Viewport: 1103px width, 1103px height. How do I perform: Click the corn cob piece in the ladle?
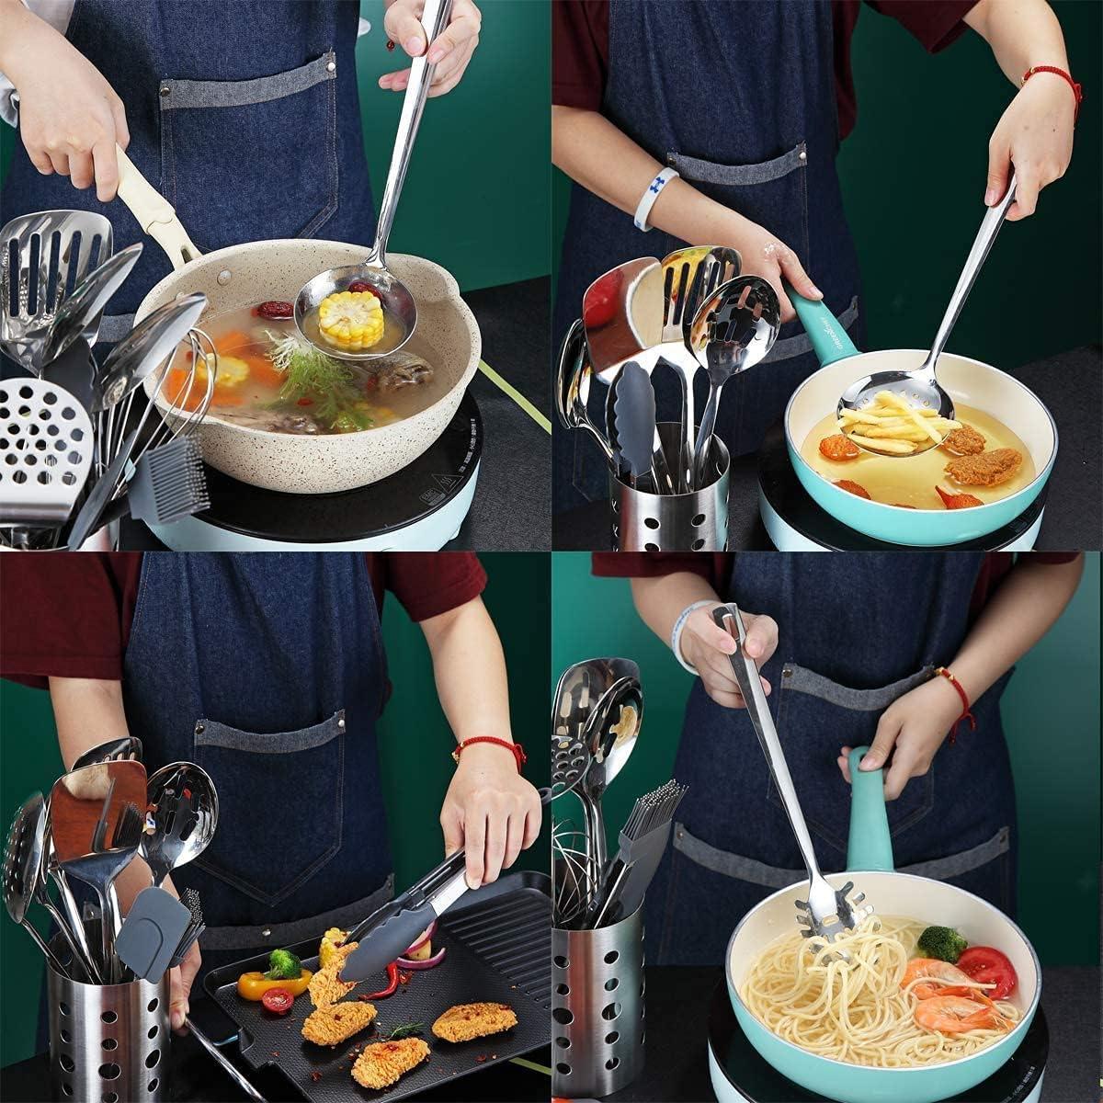350,318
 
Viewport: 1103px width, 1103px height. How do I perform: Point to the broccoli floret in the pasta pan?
941,943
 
